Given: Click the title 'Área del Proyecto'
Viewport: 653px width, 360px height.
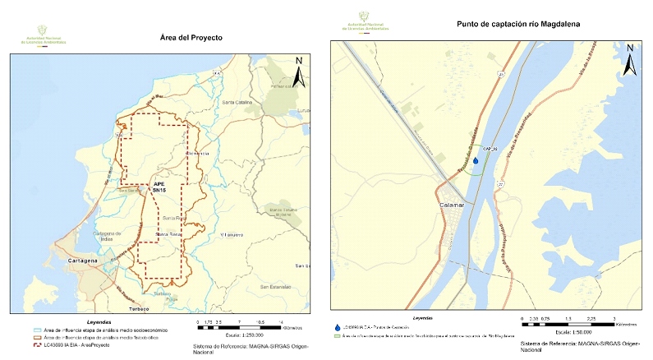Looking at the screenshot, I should [x=191, y=38].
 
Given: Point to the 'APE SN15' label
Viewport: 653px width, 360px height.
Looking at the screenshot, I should [x=159, y=186].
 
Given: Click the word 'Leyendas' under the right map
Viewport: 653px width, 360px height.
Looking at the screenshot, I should [x=425, y=316].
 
